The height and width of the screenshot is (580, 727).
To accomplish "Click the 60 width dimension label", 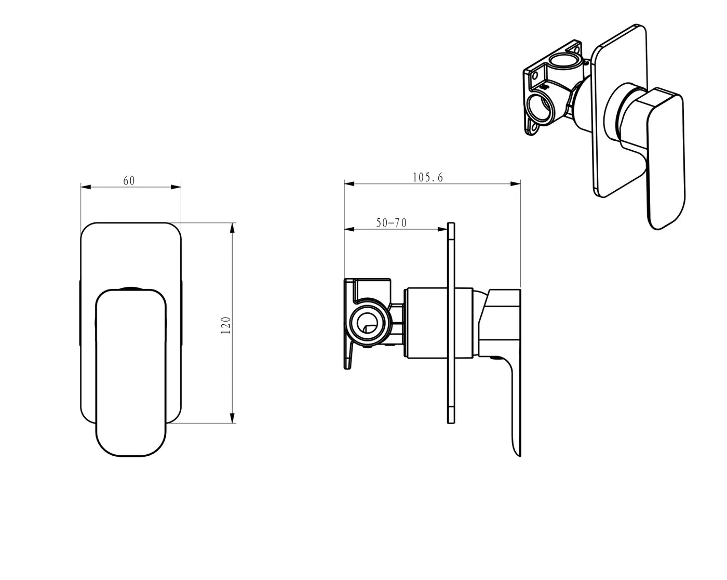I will point(129,180).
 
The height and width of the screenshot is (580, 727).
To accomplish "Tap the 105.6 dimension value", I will point(427,177).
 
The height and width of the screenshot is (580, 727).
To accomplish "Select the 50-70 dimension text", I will point(391,223).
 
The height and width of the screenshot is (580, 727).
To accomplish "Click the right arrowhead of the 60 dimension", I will point(176,187).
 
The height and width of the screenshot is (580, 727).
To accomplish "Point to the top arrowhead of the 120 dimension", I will point(232,228).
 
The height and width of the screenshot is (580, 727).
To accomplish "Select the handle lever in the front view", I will point(131,374).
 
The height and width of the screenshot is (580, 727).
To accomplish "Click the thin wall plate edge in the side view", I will point(451,322).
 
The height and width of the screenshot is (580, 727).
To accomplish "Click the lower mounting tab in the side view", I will point(348,359).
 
